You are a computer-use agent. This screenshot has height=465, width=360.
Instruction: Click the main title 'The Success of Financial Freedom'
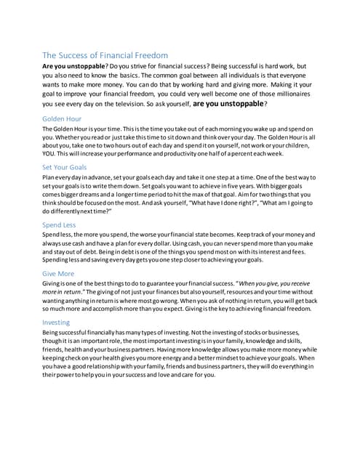tap(110, 54)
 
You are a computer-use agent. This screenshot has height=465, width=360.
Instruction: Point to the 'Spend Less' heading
tap(60, 225)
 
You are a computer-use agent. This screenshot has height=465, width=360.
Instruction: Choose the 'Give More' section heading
tap(59, 274)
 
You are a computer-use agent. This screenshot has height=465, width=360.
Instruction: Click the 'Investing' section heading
tap(57, 323)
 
